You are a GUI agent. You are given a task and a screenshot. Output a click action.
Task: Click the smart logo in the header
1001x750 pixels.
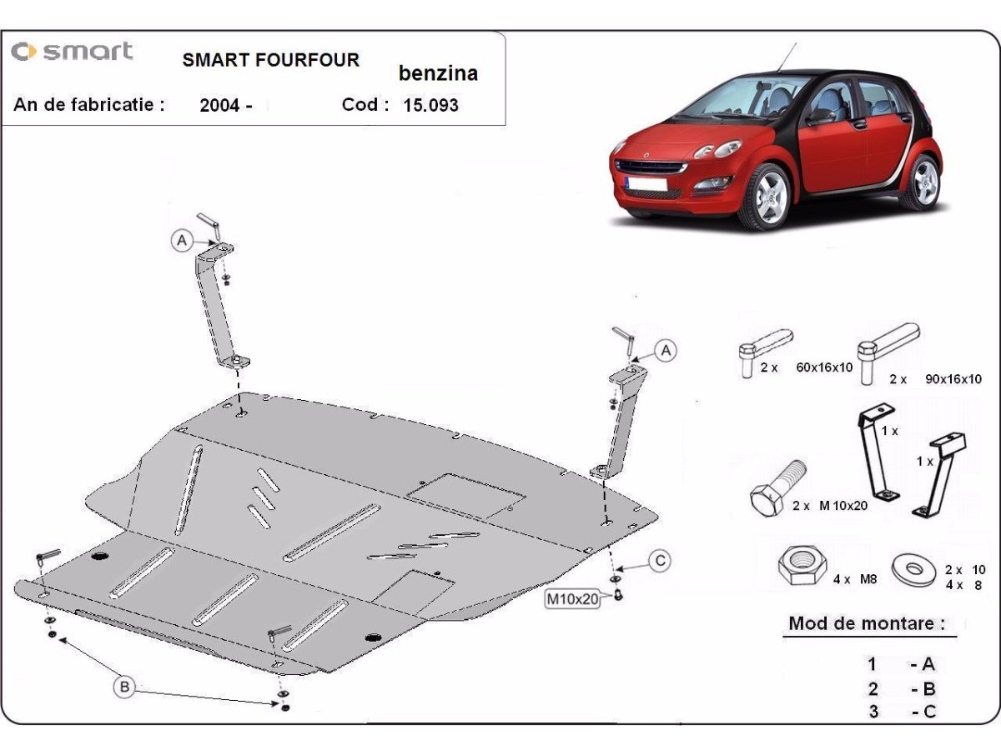[72, 51]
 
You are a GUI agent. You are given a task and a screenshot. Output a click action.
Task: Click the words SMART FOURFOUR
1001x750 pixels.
[271, 60]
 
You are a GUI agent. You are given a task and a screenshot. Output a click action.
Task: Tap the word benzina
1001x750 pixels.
[438, 73]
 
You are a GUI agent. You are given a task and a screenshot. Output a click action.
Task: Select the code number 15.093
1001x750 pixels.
[430, 105]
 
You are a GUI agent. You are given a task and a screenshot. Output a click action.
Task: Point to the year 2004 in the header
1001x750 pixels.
[219, 105]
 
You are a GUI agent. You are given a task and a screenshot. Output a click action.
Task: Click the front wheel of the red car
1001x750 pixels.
[767, 197]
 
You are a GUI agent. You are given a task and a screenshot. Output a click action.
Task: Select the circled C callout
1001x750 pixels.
[660, 561]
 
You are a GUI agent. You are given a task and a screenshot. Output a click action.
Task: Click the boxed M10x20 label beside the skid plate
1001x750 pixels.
[572, 599]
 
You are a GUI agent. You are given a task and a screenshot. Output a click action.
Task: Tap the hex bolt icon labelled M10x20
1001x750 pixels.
[778, 488]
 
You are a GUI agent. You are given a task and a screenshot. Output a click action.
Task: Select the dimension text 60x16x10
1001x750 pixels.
[824, 367]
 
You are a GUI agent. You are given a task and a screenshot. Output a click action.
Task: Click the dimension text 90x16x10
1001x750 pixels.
[953, 379]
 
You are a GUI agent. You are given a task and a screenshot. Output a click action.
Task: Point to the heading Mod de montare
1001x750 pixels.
[867, 623]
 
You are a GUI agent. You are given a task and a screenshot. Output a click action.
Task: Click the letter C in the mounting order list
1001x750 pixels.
[929, 712]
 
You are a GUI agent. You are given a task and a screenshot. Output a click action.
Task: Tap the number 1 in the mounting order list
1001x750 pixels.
[872, 664]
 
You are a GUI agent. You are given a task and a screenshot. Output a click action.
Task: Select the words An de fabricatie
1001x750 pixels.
[89, 105]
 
